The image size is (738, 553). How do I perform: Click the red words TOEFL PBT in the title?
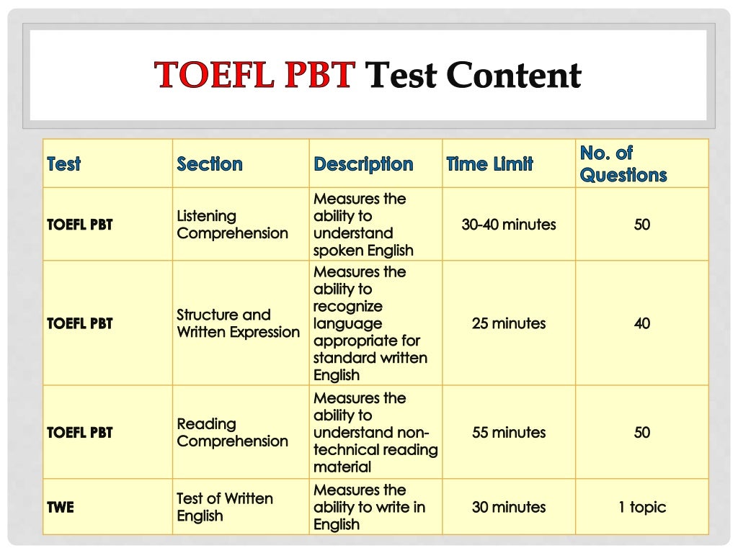255,75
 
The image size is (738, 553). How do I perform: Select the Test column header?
63,164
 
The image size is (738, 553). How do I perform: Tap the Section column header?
210,164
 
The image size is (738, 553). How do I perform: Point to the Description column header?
363,164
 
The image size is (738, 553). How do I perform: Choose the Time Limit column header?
489,164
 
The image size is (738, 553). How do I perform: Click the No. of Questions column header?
623,163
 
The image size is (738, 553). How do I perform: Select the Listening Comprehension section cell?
232,225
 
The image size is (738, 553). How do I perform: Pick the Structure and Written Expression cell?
238,323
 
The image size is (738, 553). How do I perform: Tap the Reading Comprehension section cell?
232,433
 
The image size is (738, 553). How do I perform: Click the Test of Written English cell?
225,507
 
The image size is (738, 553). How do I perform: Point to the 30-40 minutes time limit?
509,225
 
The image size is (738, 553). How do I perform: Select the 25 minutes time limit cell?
509,323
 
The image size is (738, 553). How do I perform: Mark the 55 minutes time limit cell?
509,433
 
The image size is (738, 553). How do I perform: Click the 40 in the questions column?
642,323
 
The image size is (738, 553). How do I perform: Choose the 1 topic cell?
642,507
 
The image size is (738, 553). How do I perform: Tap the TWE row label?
61,507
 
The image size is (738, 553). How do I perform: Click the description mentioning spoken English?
363,225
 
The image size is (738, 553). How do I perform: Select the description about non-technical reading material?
375,433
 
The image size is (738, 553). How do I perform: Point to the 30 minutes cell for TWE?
509,507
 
